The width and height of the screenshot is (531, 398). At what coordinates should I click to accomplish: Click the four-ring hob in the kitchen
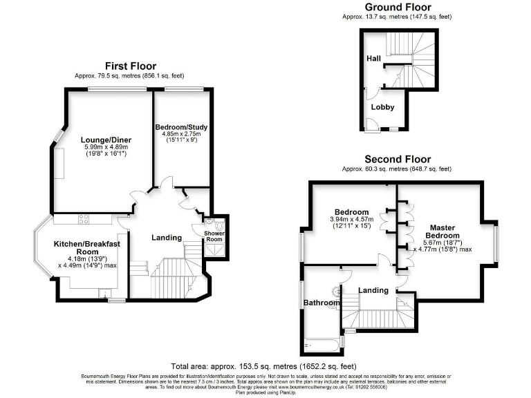84,219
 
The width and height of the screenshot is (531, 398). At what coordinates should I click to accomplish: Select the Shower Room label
214,236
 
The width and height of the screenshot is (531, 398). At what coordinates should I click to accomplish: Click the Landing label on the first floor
167,238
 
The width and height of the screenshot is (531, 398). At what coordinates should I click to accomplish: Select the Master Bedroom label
442,231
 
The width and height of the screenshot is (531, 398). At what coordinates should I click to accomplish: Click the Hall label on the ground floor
373,59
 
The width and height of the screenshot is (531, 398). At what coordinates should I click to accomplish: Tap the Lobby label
382,107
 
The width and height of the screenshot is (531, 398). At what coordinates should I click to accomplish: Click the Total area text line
263,366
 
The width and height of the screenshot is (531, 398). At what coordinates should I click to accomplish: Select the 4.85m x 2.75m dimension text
180,134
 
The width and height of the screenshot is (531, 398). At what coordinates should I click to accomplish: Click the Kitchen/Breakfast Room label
87,248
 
